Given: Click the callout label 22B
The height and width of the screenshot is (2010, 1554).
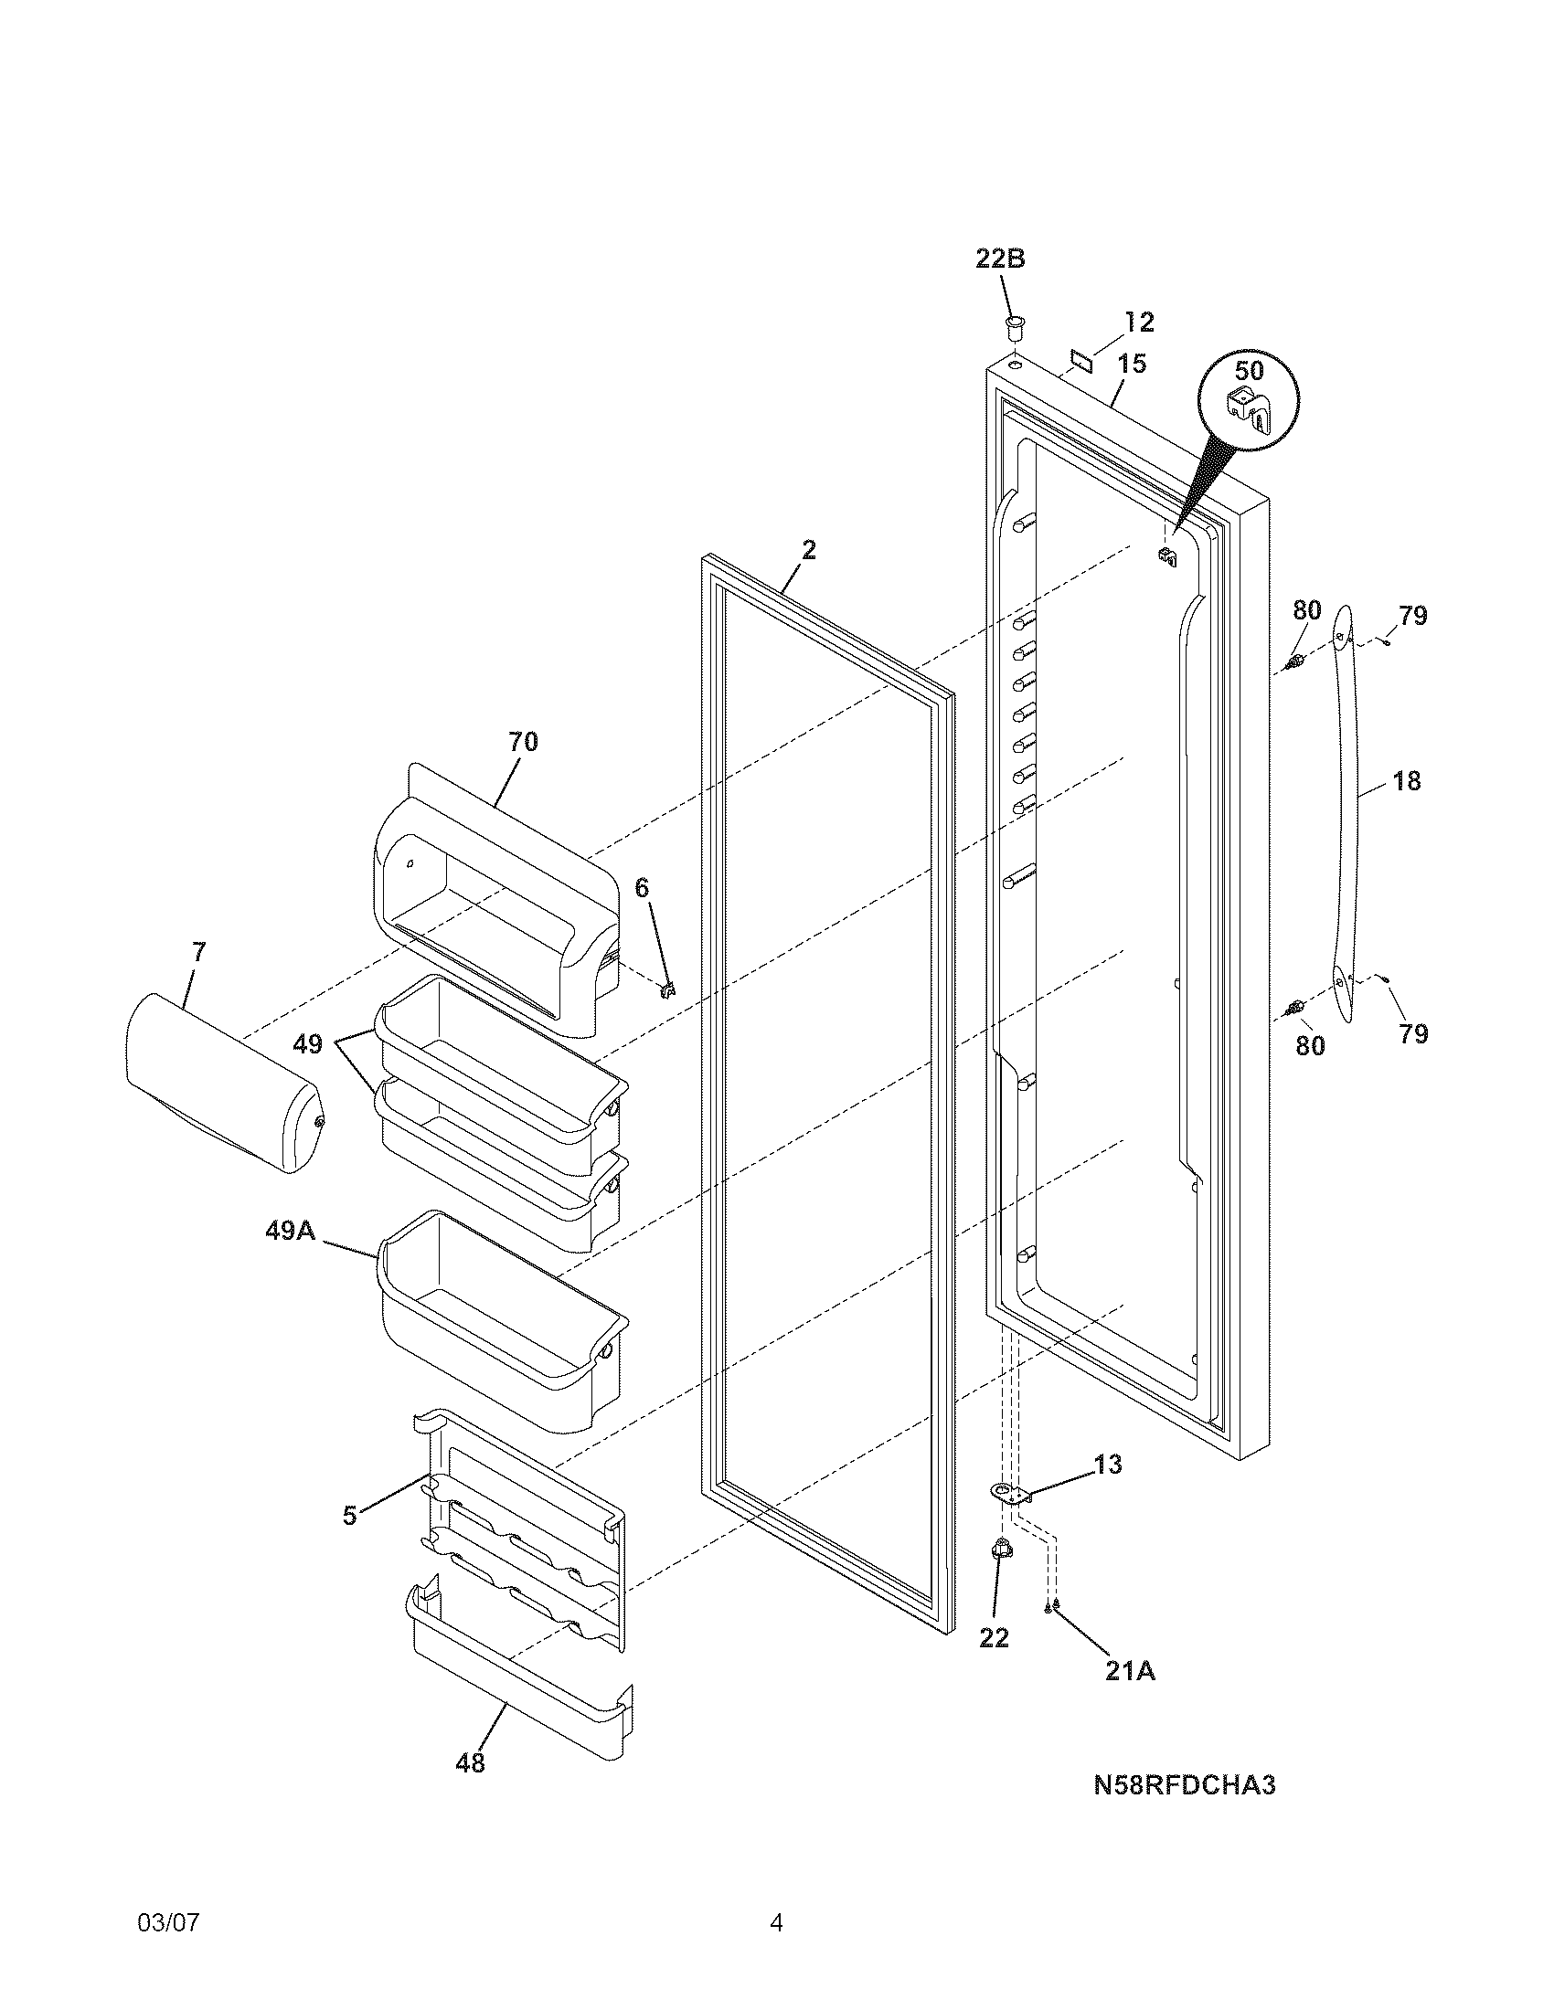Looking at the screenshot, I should (1000, 259).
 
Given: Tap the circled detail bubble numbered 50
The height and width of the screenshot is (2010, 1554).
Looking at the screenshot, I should (1249, 401).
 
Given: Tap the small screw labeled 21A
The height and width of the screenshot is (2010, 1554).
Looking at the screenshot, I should (1050, 1607).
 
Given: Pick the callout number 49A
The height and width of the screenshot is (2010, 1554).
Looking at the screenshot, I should (291, 1231).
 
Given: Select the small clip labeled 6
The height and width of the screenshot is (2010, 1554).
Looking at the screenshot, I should (668, 989).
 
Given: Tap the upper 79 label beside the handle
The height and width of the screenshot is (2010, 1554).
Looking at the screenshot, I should (1412, 615).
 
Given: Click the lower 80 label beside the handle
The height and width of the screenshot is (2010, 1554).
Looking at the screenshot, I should (1310, 1044).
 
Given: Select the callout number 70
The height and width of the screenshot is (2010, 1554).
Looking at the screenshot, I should (523, 741).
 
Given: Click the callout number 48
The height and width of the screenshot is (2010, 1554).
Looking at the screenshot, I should (471, 1761).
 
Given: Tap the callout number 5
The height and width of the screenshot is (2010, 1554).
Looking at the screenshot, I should (349, 1516).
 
